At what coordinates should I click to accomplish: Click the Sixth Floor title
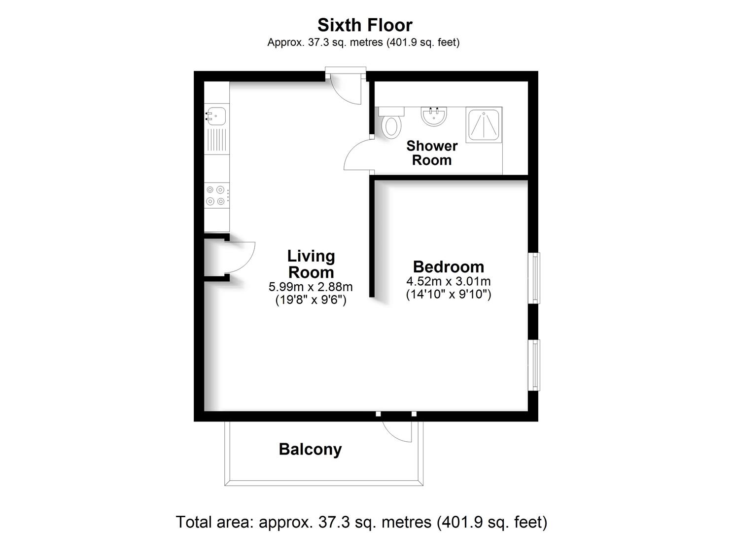point(365,25)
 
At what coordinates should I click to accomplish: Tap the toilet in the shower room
point(391,123)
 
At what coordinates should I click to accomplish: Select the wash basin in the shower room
point(434,116)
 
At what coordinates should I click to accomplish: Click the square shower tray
point(484,125)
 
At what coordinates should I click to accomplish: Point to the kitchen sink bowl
point(216,116)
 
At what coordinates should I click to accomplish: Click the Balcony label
point(310,449)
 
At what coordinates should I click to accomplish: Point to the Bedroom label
point(449,266)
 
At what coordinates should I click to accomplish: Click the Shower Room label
point(432,153)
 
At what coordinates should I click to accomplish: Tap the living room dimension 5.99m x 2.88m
point(311,287)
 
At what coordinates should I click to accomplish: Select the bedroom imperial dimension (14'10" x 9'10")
point(449,294)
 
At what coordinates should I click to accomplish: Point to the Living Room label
point(311,264)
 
